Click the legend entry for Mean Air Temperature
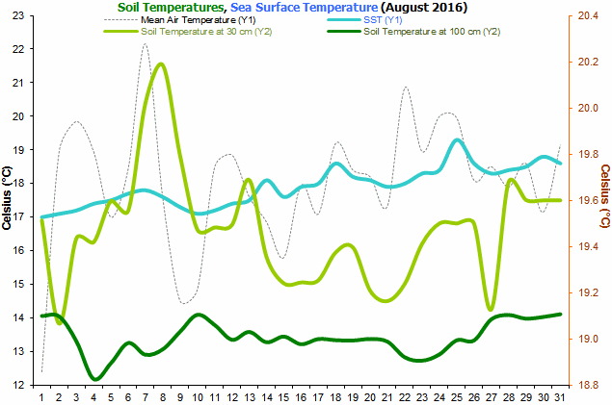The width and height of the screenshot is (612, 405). (179, 20)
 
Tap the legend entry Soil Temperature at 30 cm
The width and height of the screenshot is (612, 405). (188, 32)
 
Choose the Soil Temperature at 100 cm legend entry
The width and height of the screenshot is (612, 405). (413, 32)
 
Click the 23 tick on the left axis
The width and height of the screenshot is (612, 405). (18, 15)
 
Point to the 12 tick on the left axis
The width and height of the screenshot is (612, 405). (18, 385)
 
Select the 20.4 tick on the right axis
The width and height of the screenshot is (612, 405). (588, 15)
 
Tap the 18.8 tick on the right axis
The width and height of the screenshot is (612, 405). (588, 385)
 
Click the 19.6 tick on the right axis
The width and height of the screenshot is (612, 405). (588, 200)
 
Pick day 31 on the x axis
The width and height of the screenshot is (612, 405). (560, 397)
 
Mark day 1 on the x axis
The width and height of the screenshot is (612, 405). (41, 397)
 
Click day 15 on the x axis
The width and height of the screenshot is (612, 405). (283, 397)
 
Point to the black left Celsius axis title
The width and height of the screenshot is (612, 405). (7, 198)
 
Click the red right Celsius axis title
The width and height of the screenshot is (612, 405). (605, 196)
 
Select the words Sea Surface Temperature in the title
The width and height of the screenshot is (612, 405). (304, 7)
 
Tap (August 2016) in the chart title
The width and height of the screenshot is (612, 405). (424, 7)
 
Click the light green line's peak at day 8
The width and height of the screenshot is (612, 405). (160, 63)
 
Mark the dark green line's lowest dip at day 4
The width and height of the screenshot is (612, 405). (94, 378)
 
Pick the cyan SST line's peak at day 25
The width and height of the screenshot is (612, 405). (457, 139)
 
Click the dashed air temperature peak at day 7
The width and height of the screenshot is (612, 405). (146, 43)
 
